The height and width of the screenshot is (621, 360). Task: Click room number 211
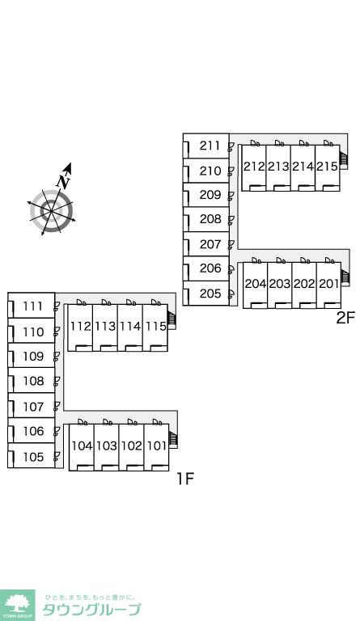(210, 146)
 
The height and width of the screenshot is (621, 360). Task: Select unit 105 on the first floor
(33, 457)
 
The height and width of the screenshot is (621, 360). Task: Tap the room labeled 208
(210, 219)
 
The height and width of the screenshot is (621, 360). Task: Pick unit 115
(155, 327)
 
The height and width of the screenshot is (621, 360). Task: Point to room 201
(329, 284)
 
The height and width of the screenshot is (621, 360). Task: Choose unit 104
(82, 446)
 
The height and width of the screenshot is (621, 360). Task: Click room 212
(254, 167)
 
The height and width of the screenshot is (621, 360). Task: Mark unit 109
(33, 357)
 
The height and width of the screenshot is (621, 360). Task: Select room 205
(210, 294)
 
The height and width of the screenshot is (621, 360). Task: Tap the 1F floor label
(185, 479)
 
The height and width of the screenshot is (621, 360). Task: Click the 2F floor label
(344, 318)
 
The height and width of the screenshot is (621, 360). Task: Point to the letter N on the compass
(63, 181)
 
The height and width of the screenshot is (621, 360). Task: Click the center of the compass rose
(52, 212)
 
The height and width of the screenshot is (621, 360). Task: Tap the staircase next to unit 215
(344, 159)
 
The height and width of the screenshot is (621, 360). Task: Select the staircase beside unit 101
(173, 438)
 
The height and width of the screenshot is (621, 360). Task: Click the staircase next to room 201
(345, 277)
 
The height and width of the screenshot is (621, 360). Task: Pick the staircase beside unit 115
(172, 318)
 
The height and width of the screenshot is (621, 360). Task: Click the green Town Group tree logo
(18, 605)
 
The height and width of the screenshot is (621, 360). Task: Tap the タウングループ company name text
(91, 610)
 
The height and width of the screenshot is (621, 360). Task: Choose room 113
(105, 327)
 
